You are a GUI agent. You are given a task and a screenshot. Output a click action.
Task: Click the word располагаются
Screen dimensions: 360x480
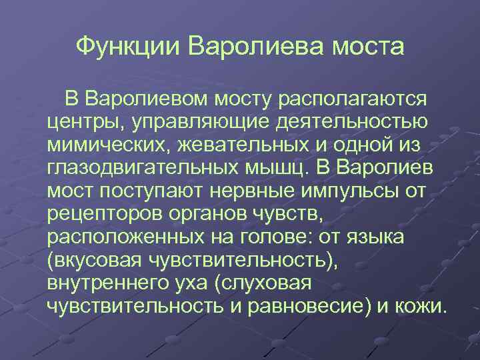[x=354, y=100]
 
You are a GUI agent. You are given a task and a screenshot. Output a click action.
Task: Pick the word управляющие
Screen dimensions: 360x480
[x=185, y=123]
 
